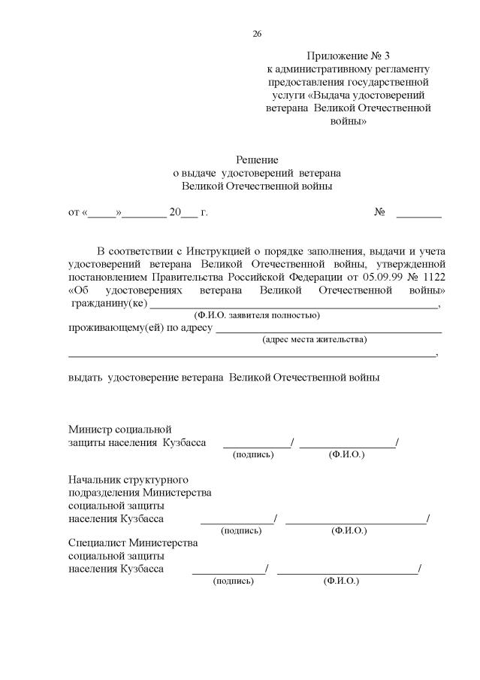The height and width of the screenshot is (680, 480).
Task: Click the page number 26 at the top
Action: point(257,34)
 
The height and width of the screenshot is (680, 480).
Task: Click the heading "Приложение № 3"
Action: point(349,56)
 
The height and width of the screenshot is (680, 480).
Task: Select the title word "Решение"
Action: point(257,159)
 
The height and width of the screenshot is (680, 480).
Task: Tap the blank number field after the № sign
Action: point(418,213)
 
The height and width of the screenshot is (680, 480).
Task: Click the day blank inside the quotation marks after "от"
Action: point(102,214)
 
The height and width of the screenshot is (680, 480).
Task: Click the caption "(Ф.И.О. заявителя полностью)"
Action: point(256,315)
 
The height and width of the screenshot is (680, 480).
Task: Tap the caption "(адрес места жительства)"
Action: point(314,340)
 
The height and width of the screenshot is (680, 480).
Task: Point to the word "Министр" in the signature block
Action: point(89,430)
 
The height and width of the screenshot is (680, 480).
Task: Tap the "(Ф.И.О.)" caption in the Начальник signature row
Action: point(349,530)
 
